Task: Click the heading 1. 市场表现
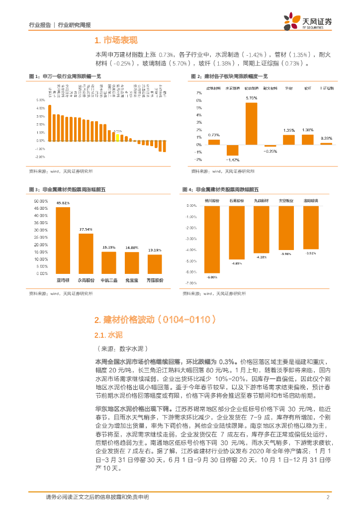coord(115,41)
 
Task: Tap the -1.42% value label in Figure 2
coord(233,160)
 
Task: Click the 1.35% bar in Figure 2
coord(289,140)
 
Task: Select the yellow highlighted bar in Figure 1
coord(117,137)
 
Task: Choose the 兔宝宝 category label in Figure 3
coord(132,281)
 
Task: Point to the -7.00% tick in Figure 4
coord(191,283)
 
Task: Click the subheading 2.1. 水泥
coord(104,335)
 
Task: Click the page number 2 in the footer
coord(328,498)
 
